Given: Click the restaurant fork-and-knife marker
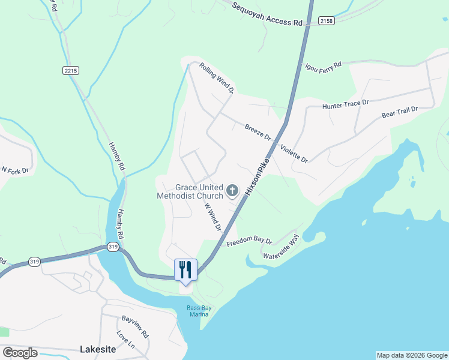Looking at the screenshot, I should point(185,269).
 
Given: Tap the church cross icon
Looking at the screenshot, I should point(232,191).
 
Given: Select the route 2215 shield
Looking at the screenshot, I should point(70,70).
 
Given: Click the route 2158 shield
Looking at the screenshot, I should point(327,21).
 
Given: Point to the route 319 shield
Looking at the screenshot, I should point(112,247).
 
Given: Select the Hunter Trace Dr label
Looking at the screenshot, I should point(345,104).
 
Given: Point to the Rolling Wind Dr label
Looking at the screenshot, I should point(216,79).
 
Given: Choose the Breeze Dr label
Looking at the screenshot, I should point(258,131).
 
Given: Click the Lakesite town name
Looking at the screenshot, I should point(97,349).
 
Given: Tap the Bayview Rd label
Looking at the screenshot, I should point(135,328).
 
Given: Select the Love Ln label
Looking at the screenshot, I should point(126,340).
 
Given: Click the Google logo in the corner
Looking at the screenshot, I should point(20,353).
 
